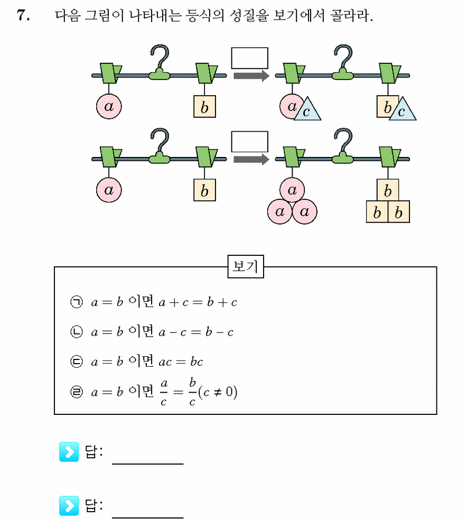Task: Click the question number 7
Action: [23, 15]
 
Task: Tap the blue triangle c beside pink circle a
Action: [307, 110]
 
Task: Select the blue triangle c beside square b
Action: [403, 110]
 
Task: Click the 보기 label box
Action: [246, 266]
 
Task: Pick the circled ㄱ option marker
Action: [77, 302]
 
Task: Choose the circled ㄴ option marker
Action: [77, 332]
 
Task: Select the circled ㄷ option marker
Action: [77, 362]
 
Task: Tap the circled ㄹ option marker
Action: [77, 392]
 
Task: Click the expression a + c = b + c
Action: [198, 302]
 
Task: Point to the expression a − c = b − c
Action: [196, 332]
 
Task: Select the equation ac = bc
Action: [181, 362]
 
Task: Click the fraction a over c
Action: [164, 393]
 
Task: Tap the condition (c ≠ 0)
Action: [218, 392]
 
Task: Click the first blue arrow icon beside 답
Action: [69, 452]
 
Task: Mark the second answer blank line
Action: [147, 517]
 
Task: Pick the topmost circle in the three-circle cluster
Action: [292, 190]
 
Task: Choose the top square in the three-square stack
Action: [388, 190]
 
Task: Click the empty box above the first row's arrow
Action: [249, 58]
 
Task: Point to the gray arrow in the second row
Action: [251, 160]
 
